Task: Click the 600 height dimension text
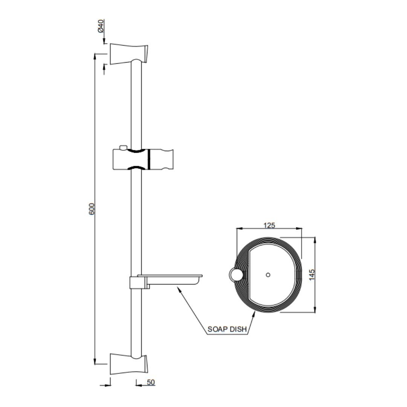[92, 209]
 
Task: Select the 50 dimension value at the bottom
[151, 382]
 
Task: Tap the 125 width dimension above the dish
[269, 225]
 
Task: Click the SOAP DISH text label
[227, 329]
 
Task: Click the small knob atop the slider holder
[122, 147]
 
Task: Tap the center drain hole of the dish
[268, 275]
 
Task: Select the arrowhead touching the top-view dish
[254, 313]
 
